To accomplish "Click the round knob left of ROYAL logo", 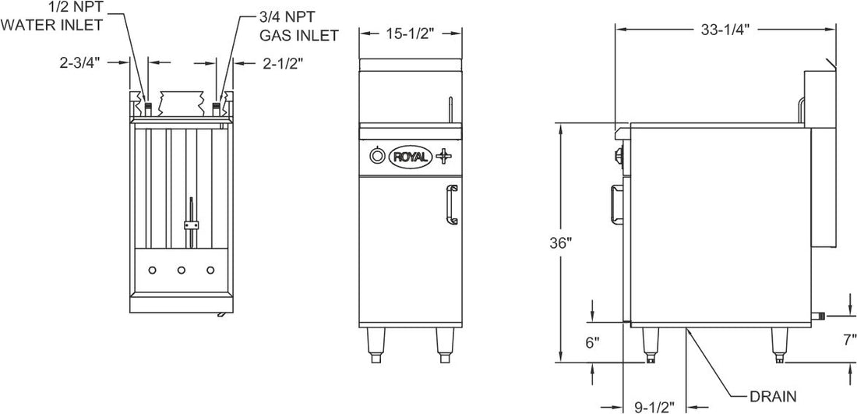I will (377, 156).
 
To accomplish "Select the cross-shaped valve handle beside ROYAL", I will (443, 156).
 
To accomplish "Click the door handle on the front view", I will (451, 204).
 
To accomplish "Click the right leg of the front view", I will (444, 343).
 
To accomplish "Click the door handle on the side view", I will (614, 200).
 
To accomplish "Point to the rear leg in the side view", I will (779, 344).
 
